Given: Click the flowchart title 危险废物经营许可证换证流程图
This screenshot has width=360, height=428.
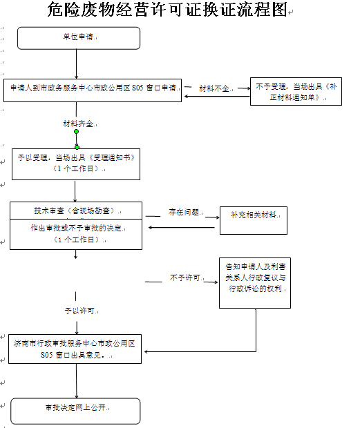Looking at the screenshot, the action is pos(167,9).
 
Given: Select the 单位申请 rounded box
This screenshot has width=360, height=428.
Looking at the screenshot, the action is pos(79,38).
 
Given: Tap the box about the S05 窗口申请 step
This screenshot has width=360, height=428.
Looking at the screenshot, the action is pos(93,90).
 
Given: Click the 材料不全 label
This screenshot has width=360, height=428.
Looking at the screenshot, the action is pos(214,88).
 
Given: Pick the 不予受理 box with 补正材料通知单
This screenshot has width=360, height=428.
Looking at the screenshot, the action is pos(296,91).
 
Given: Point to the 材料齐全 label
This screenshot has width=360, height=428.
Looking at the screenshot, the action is pos(78,124).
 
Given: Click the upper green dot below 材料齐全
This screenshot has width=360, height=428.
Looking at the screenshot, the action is pos(77,132).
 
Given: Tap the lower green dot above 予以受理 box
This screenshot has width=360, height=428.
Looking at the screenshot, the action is pos(77,148).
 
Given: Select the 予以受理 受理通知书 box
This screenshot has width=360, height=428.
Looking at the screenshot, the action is pos(76,164).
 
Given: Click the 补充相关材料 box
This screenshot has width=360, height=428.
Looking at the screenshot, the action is pos(254,220).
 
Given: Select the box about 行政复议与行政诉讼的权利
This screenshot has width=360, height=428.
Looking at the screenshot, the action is pos(255,283).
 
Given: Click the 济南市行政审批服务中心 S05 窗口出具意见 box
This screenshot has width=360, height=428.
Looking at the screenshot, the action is pos(75,349).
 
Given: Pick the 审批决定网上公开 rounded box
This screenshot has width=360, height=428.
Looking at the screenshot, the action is pos(75,411).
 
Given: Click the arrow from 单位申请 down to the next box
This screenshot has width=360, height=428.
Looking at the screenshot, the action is pos(77,64).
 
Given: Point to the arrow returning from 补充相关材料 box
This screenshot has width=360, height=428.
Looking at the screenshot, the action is pos(182,227).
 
